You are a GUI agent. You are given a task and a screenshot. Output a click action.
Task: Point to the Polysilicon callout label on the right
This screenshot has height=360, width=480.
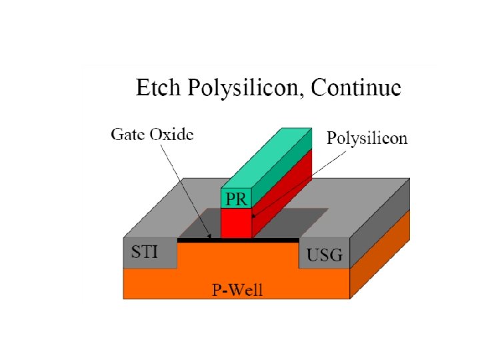click(x=367, y=139)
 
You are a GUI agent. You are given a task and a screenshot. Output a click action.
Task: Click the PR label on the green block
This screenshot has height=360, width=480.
click(x=235, y=198)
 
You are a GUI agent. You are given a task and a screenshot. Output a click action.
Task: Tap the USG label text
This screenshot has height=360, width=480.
click(x=324, y=254)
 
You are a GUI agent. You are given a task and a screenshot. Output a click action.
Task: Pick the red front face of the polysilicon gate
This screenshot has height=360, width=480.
click(x=235, y=223)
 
